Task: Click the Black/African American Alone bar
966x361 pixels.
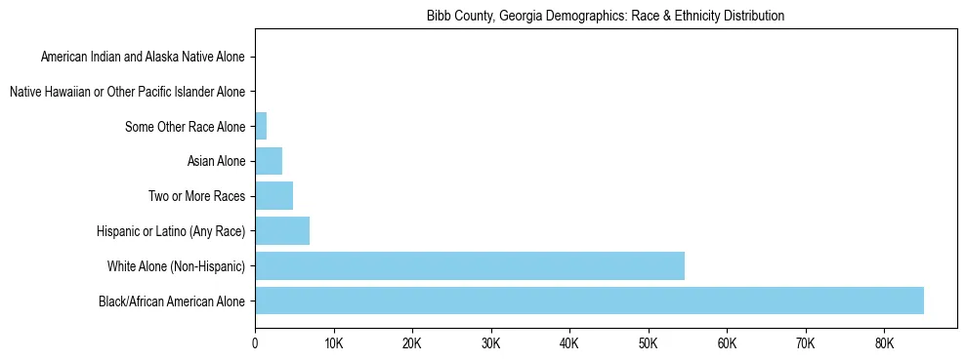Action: pyautogui.click(x=589, y=301)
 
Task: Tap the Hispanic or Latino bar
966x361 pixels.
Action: pyautogui.click(x=282, y=231)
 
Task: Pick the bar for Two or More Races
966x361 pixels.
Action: pyautogui.click(x=273, y=196)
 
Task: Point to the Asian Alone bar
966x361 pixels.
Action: pyautogui.click(x=269, y=161)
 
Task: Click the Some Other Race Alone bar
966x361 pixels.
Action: pyautogui.click(x=261, y=127)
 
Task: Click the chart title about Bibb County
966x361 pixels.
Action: pyautogui.click(x=605, y=17)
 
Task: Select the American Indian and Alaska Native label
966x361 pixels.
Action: pyautogui.click(x=144, y=58)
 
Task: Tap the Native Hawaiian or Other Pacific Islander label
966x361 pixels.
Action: pyautogui.click(x=127, y=92)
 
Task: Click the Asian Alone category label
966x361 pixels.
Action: pyautogui.click(x=216, y=161)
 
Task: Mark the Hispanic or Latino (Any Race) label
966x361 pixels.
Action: pyautogui.click(x=171, y=231)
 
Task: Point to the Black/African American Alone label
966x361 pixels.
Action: pyautogui.click(x=172, y=301)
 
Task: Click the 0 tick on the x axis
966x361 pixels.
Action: pyautogui.click(x=255, y=342)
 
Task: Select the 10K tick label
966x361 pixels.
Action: pyautogui.click(x=333, y=342)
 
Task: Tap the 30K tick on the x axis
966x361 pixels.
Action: pyautogui.click(x=490, y=342)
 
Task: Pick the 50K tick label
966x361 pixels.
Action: pyautogui.click(x=648, y=342)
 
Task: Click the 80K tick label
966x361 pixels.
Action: pyautogui.click(x=884, y=342)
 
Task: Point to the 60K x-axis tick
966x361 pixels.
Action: pyautogui.click(x=727, y=342)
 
